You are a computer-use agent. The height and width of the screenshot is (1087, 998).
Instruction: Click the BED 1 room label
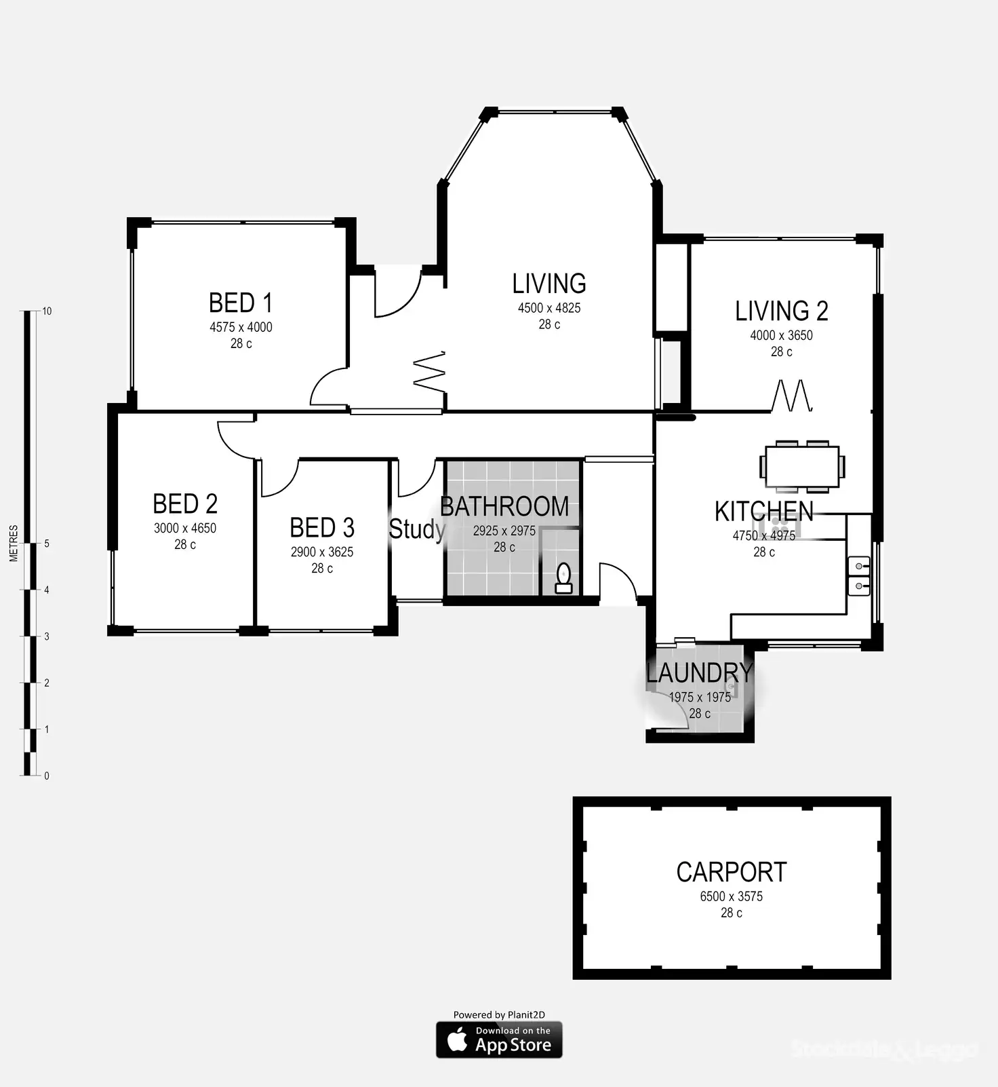coord(240,303)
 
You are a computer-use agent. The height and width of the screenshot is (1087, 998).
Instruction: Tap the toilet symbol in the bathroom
coord(564,579)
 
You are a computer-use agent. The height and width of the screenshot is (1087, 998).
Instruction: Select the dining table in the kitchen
coord(802,467)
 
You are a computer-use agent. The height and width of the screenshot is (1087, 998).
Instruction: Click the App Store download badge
coord(499,1040)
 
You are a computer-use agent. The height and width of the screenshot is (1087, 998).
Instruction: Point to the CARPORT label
coord(732,873)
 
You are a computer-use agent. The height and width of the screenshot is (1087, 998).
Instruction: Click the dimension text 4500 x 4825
coord(549,308)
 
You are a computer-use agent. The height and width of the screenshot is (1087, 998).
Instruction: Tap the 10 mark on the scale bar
coord(47,311)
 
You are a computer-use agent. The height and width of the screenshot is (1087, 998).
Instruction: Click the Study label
coord(416,529)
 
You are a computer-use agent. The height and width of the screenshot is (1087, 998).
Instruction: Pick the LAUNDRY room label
coord(699,673)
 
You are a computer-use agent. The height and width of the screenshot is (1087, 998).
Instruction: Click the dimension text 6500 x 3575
coord(732,896)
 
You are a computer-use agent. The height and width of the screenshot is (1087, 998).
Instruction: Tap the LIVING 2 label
coord(782,311)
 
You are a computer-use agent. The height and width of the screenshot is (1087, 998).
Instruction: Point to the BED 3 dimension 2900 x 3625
coord(322,552)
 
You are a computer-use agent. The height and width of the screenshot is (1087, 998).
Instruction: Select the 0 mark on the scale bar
coord(47,776)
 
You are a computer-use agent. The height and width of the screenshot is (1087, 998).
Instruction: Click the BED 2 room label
coord(185,504)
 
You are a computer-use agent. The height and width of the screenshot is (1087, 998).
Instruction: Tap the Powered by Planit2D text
coord(499,1015)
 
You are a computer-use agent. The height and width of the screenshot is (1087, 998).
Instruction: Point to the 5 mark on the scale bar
coord(47,543)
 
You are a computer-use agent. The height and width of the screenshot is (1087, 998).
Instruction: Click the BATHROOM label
coord(504,507)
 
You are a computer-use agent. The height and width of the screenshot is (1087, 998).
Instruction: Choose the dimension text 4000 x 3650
coord(781,335)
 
